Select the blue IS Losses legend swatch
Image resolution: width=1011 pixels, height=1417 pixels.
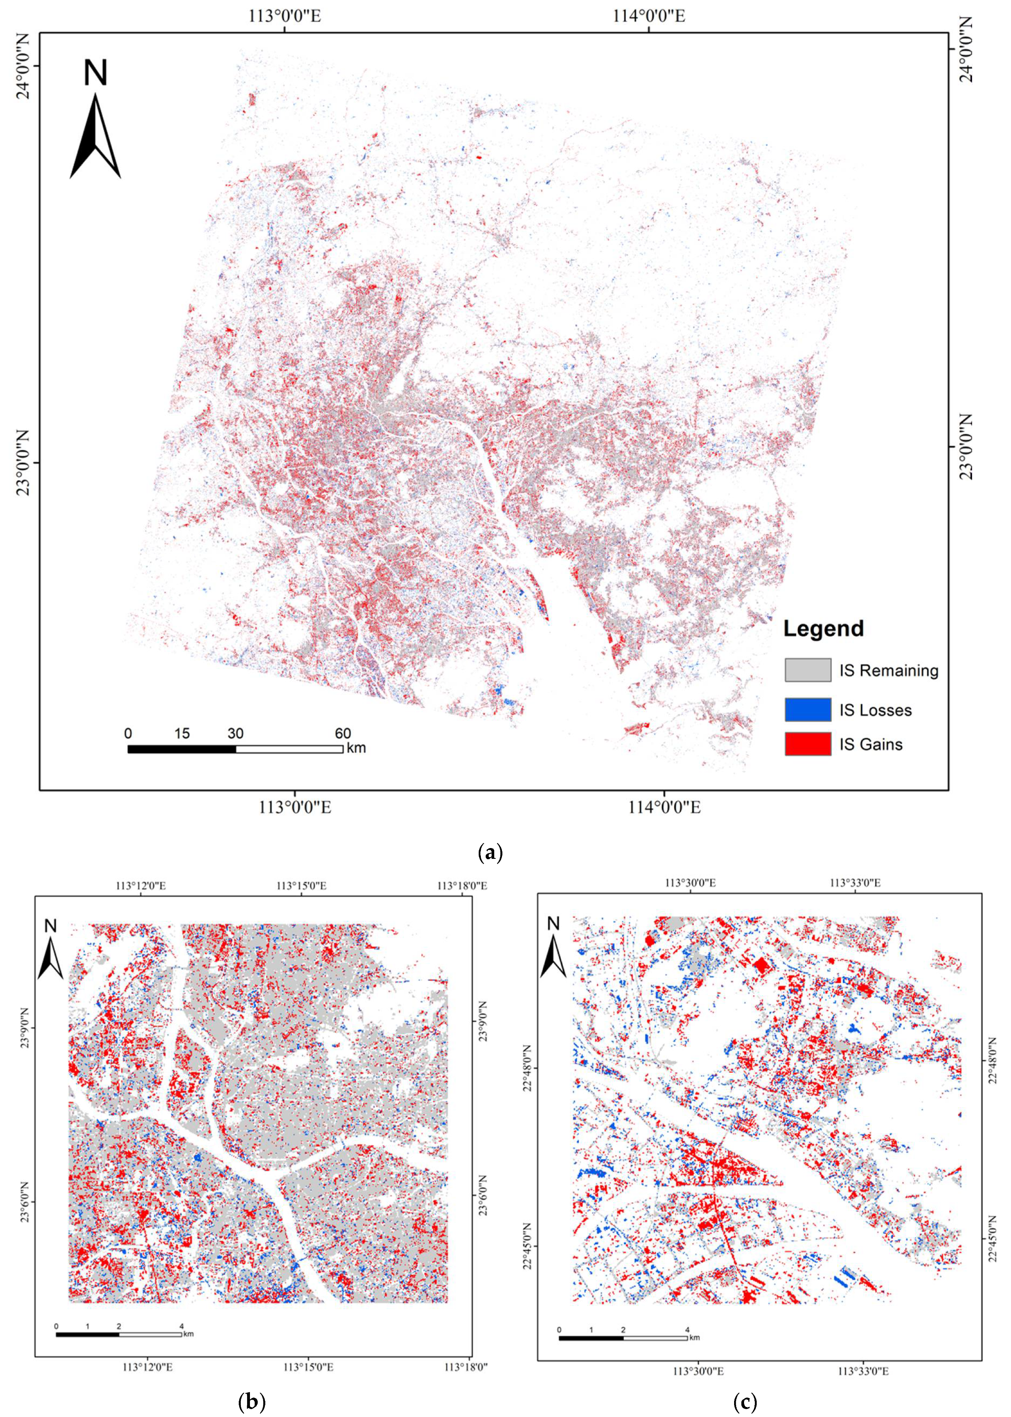tap(807, 710)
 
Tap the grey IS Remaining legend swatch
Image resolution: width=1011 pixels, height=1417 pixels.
tap(807, 670)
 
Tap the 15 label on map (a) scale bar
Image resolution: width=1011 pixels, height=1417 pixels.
tap(182, 733)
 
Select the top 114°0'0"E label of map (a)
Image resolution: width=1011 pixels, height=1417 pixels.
tap(649, 16)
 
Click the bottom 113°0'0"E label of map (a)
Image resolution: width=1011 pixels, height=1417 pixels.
tap(295, 807)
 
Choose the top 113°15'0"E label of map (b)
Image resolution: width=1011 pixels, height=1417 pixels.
tap(302, 885)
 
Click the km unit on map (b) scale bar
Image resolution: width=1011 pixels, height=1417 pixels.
tap(189, 1334)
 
